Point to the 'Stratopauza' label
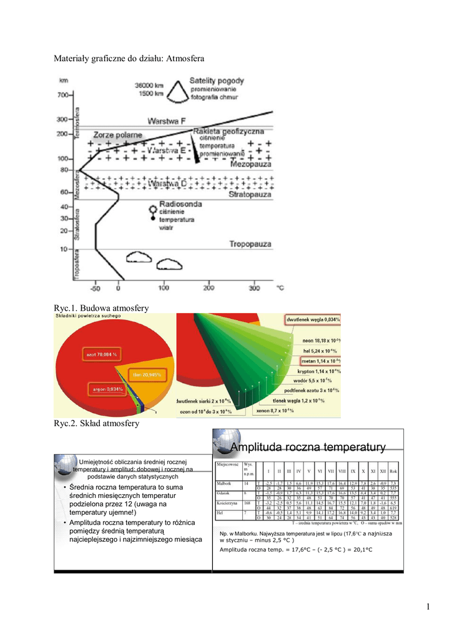coord(250,194)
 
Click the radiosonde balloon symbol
coord(151,209)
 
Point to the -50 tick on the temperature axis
coord(95,289)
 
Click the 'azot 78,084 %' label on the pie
coord(98,354)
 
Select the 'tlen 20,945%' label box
coord(147,374)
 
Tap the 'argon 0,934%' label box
coord(107,389)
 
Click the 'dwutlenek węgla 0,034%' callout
coord(313,319)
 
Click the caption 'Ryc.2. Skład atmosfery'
coord(96,424)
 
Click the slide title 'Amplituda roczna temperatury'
coord(308,447)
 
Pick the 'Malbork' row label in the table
coord(224,484)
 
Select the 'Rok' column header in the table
coord(393,471)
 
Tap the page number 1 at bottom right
coord(430,608)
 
